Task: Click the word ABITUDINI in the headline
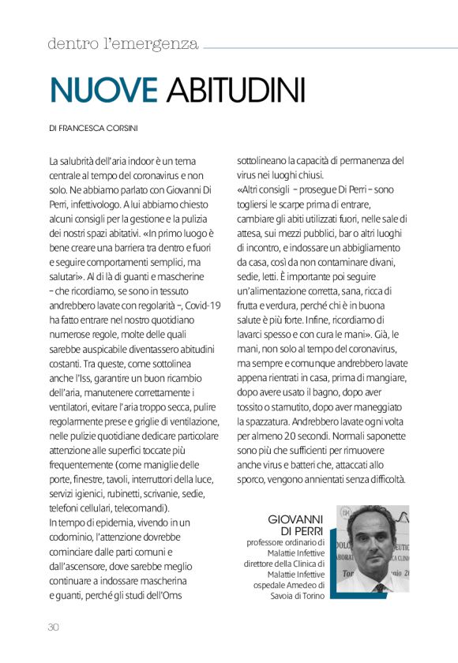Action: coord(236,89)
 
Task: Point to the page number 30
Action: coord(54,627)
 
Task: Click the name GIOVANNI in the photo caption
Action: coord(297,519)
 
